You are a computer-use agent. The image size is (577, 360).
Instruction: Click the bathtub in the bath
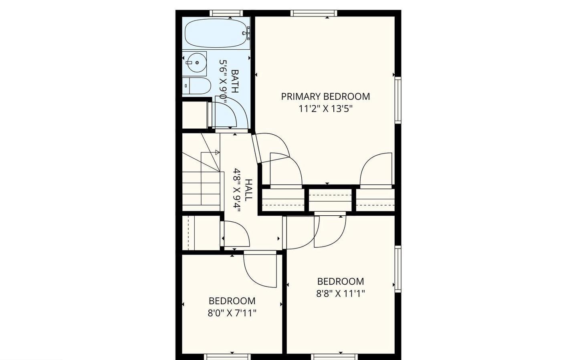[x=216, y=33]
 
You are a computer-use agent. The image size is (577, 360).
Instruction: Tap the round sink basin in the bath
[x=196, y=63]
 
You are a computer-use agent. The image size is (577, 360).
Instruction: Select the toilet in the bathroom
[x=196, y=86]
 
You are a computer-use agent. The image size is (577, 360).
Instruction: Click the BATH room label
[x=235, y=81]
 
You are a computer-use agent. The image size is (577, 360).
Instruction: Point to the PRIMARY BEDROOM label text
[x=326, y=97]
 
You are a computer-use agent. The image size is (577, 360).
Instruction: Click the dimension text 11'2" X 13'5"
[x=326, y=109]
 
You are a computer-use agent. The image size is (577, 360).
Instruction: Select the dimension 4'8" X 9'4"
[x=236, y=190]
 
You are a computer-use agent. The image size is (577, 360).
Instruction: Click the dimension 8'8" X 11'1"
[x=341, y=293]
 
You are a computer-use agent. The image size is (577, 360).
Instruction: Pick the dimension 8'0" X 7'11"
[x=232, y=313]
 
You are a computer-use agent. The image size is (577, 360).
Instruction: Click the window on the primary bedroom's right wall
[x=398, y=100]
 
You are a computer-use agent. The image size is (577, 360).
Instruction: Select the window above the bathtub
[x=226, y=13]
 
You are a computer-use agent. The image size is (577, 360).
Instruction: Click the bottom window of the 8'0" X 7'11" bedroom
[x=227, y=357]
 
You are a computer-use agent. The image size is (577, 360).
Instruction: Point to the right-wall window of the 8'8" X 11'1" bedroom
[x=398, y=269]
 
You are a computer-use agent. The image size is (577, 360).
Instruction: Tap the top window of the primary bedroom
[x=314, y=13]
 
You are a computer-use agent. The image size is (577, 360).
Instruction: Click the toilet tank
[x=186, y=86]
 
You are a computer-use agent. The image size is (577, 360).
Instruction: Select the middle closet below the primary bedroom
[x=331, y=200]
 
